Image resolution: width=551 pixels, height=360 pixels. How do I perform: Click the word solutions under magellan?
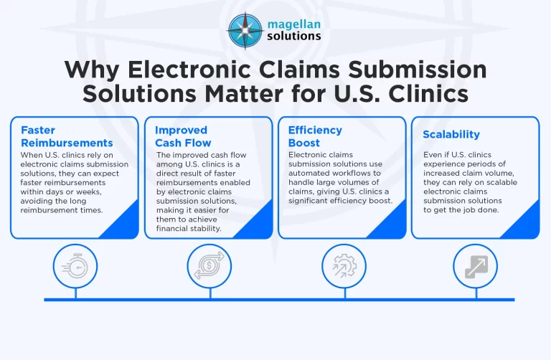point(293,36)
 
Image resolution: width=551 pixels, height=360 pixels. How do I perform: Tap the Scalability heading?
point(451,134)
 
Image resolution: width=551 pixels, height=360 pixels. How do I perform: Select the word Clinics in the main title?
point(423,94)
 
